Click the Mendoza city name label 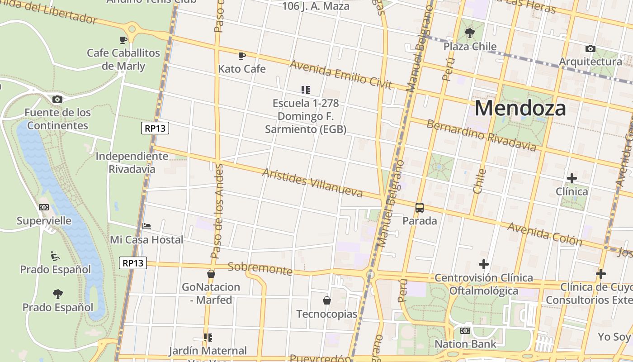[520, 109]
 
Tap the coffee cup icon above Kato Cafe [242, 56]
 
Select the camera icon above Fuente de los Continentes [57, 99]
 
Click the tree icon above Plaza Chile [470, 33]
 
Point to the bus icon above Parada [420, 208]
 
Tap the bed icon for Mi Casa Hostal [146, 226]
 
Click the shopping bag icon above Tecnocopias [326, 300]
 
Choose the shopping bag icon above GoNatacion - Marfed [211, 274]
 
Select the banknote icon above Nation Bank [465, 331]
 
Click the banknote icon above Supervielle [44, 207]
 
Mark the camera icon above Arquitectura [590, 48]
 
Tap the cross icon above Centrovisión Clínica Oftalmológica [484, 264]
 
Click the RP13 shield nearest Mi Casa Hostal [133, 263]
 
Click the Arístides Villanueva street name [312, 183]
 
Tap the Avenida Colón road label [544, 233]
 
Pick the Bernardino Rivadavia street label [481, 135]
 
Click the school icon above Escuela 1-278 [306, 90]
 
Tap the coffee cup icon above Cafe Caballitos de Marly [123, 40]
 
